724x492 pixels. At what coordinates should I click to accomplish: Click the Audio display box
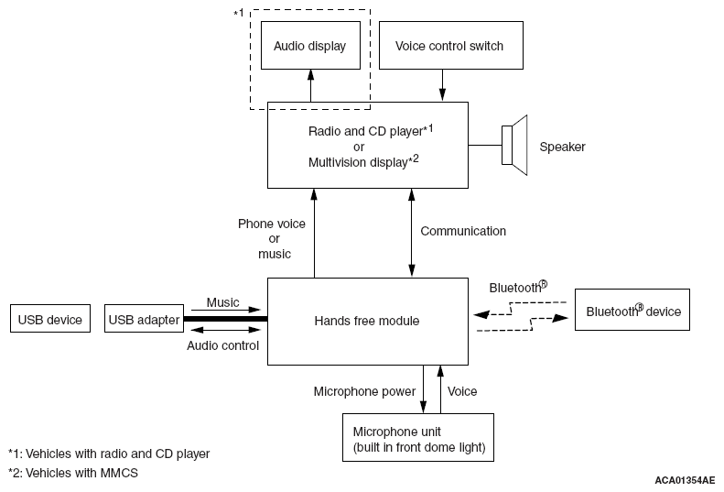pyautogui.click(x=310, y=45)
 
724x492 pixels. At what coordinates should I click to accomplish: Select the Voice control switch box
pyautogui.click(x=450, y=45)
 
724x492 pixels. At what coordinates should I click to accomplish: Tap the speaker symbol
pyautogui.click(x=514, y=145)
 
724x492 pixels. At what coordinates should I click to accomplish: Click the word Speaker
pyautogui.click(x=562, y=147)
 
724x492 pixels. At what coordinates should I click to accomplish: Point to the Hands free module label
pyautogui.click(x=367, y=321)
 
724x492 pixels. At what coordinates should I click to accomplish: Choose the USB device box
pyautogui.click(x=50, y=319)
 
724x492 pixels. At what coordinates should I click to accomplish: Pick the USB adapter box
pyautogui.click(x=144, y=319)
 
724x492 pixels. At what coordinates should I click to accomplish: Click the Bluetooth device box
pyautogui.click(x=632, y=310)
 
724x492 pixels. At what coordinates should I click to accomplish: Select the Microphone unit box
pyautogui.click(x=418, y=437)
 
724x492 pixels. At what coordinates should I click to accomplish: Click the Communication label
pyautogui.click(x=463, y=231)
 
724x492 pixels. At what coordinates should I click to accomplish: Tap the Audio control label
pyautogui.click(x=222, y=345)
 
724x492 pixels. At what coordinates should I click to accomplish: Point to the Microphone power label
pyautogui.click(x=364, y=391)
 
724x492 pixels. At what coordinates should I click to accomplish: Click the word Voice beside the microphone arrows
pyautogui.click(x=462, y=391)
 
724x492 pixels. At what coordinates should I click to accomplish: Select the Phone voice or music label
pyautogui.click(x=272, y=238)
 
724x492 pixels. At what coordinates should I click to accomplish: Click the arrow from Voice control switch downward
pyautogui.click(x=442, y=85)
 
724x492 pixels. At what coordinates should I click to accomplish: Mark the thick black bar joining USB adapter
pyautogui.click(x=226, y=319)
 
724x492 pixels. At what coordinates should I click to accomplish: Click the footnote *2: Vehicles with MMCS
pyautogui.click(x=73, y=473)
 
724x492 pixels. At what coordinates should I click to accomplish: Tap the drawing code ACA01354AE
pyautogui.click(x=685, y=480)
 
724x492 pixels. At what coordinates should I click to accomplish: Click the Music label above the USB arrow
pyautogui.click(x=222, y=302)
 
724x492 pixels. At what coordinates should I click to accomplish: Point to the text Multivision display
pyautogui.click(x=358, y=162)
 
